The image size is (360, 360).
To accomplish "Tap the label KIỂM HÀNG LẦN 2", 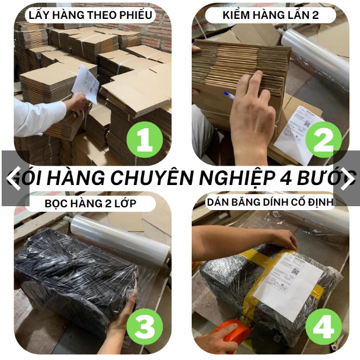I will pos(271,14).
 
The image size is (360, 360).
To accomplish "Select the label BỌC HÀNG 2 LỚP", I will pos(90,203).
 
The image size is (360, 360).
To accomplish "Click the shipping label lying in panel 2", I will pos(298,134).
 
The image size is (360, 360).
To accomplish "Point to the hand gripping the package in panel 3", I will pos(123,315).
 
